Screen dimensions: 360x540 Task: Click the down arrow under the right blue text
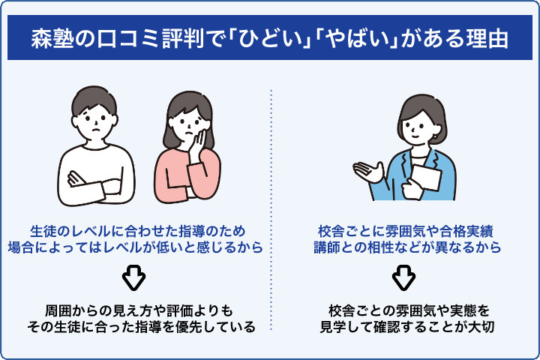[x=403, y=278]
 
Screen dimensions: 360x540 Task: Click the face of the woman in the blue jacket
[x=415, y=124]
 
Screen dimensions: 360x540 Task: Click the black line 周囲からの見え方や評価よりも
[x=133, y=310]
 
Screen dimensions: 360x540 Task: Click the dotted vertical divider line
[x=271, y=210]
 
